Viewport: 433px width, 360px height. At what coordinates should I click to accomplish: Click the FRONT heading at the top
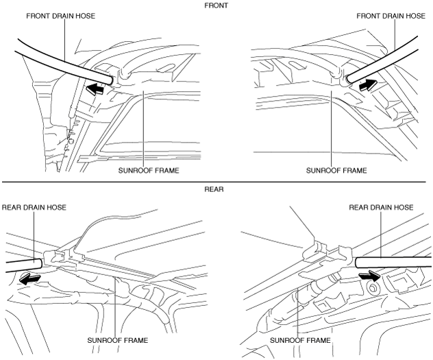click(216, 5)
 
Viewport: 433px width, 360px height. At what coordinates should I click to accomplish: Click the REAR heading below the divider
click(214, 189)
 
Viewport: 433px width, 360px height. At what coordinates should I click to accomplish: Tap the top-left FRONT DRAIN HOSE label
click(61, 16)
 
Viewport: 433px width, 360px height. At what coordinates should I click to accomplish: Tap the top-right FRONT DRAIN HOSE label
click(391, 16)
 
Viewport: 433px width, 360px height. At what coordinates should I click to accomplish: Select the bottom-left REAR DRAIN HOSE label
click(34, 207)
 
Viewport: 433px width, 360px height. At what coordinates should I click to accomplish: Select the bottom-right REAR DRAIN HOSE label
click(381, 207)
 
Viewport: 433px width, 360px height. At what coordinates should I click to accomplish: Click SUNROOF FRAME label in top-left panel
click(149, 171)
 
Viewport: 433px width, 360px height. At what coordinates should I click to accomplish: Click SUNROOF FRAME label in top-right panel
click(336, 171)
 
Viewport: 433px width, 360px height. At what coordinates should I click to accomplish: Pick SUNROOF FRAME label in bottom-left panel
click(118, 340)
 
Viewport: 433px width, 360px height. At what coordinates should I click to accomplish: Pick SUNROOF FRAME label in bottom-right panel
click(300, 340)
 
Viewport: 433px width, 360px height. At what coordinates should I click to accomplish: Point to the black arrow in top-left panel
click(95, 89)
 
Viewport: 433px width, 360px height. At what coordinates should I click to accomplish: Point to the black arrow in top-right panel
click(368, 84)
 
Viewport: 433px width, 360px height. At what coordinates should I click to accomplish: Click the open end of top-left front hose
click(110, 80)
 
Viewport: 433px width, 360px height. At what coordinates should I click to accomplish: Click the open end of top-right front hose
click(349, 79)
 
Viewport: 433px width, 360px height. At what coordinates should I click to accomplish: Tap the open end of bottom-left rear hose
click(40, 263)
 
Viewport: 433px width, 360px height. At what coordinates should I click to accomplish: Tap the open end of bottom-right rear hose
click(357, 262)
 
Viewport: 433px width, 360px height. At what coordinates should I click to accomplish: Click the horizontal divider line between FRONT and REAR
click(214, 182)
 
